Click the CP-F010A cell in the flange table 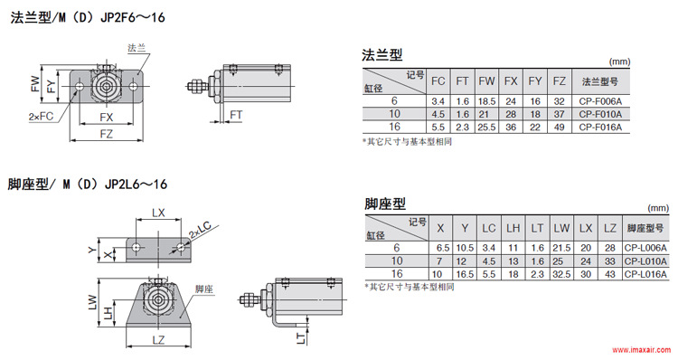[x=600, y=114]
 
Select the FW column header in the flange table [x=486, y=81]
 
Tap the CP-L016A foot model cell [x=645, y=274]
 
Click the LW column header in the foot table [x=561, y=228]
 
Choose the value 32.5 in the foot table [x=561, y=274]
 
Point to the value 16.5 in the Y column [x=465, y=274]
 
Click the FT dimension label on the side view [x=236, y=115]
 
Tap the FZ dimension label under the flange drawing [x=106, y=134]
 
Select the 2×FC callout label [x=41, y=117]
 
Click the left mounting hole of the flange [x=80, y=87]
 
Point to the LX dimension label [x=158, y=213]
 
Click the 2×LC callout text [x=200, y=230]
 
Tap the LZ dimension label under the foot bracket [x=158, y=340]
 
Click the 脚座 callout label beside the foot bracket [x=204, y=289]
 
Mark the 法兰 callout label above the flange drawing [x=137, y=48]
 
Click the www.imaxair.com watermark [x=643, y=350]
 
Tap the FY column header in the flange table [x=535, y=81]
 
